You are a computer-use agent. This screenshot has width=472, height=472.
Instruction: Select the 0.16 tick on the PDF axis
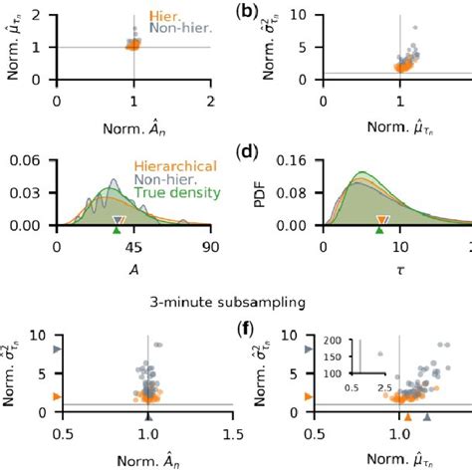click(x=300, y=156)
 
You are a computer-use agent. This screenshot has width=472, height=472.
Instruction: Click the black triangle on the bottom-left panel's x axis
click(x=147, y=417)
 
